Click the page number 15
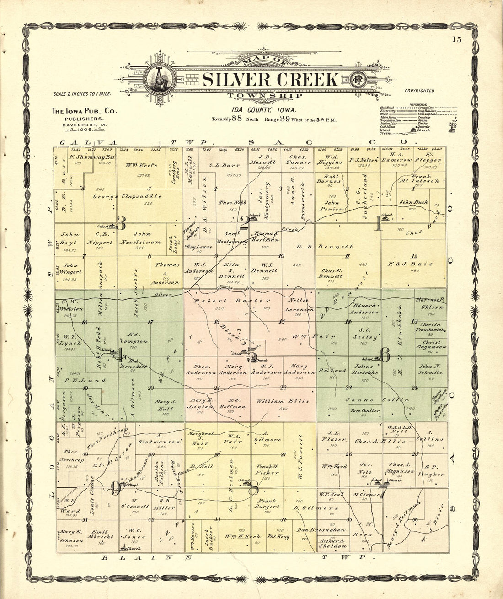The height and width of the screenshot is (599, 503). tap(457, 39)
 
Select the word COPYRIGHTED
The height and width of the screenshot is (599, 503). tap(419, 91)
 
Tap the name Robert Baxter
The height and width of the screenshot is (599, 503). tap(226, 301)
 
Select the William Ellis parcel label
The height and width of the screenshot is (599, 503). tap(282, 401)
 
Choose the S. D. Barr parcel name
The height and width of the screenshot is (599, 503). tap(218, 165)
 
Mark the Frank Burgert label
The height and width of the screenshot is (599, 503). tap(268, 504)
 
